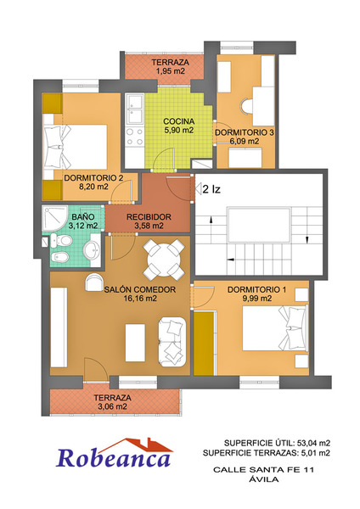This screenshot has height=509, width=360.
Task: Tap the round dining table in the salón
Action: coord(164,260)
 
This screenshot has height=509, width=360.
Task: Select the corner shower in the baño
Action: coord(54,218)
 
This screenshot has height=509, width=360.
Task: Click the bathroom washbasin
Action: coord(92,249)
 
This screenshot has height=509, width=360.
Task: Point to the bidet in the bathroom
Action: coord(59,257)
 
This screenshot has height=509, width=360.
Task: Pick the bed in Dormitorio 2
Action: coord(76,147)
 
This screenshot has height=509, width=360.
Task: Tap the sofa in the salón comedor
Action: coord(172,342)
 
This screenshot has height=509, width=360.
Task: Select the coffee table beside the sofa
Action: coord(135,343)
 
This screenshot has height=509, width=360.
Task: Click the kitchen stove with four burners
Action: coord(135,137)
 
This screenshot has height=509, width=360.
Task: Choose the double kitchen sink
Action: coord(135,109)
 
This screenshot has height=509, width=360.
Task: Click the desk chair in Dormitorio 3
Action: coord(246,107)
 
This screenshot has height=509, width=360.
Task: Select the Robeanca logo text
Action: coord(114,458)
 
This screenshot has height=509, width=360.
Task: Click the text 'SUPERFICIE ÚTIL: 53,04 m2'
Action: coord(277,443)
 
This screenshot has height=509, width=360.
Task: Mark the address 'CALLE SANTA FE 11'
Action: coord(264,469)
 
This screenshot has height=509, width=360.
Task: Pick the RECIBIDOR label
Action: coord(149,217)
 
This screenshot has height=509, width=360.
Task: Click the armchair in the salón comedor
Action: coord(94,282)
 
